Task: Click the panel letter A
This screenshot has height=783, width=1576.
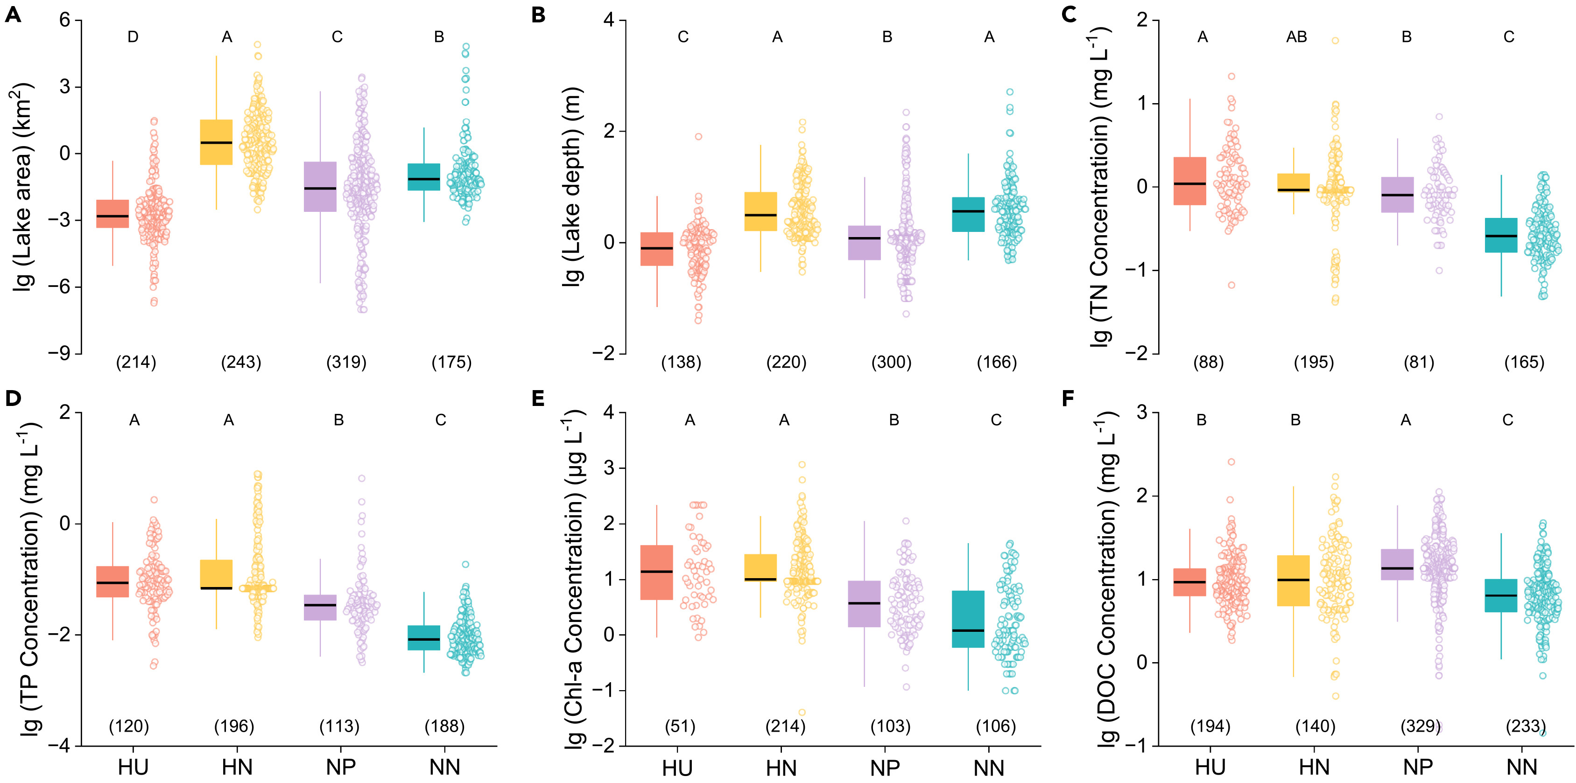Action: [x=13, y=14]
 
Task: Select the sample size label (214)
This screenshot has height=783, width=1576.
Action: [x=136, y=362]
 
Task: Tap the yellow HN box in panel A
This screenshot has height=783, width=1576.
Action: [x=217, y=142]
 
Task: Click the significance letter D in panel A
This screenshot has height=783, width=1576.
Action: [x=133, y=37]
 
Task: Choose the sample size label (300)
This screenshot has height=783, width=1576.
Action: [x=891, y=362]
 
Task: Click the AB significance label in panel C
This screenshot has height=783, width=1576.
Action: [x=1296, y=37]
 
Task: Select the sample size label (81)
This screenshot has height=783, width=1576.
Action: [x=1419, y=362]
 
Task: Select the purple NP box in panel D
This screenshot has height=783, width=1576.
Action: [x=320, y=608]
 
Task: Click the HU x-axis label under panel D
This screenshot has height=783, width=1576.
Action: [x=133, y=767]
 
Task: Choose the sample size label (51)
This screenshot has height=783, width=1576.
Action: [x=680, y=726]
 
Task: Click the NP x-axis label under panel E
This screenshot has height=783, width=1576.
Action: [x=885, y=767]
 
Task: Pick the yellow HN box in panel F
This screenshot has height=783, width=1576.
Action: [x=1294, y=580]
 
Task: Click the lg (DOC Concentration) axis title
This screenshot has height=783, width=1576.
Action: [x=1106, y=578]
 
